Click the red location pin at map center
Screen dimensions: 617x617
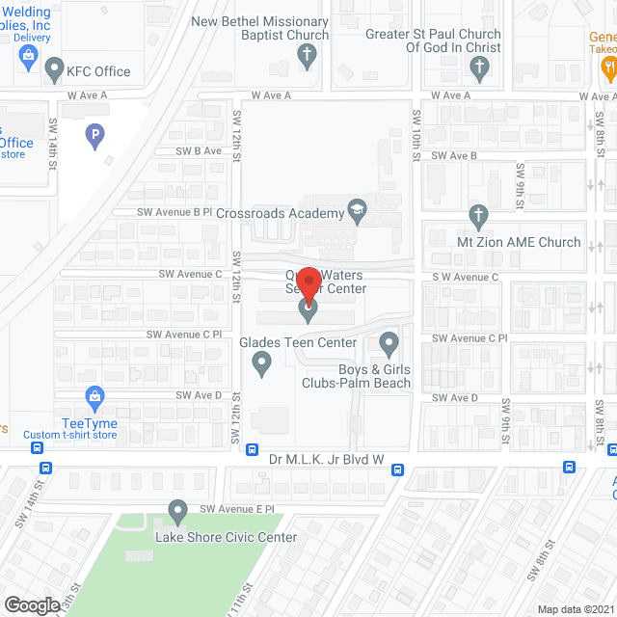click(308, 281)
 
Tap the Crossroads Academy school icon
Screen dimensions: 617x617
click(358, 212)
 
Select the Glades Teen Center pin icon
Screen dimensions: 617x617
click(261, 363)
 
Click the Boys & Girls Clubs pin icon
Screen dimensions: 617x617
click(389, 342)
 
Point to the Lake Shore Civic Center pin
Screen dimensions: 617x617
click(176, 511)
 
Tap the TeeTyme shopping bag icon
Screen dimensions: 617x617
click(94, 396)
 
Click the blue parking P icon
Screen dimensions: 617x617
click(94, 137)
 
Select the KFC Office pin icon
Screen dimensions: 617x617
click(53, 70)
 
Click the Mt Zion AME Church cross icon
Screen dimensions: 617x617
click(478, 217)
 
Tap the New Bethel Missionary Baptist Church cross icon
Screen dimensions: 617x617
click(306, 56)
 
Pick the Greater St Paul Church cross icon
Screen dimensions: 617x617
click(478, 67)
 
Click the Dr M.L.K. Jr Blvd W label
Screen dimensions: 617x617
click(327, 460)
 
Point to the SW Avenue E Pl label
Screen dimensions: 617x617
click(237, 508)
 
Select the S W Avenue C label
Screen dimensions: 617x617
click(465, 278)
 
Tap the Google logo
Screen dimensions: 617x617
click(32, 604)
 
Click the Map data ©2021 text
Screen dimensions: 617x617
click(575, 609)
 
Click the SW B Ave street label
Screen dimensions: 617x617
click(199, 151)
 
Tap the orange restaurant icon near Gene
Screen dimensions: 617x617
click(607, 67)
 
